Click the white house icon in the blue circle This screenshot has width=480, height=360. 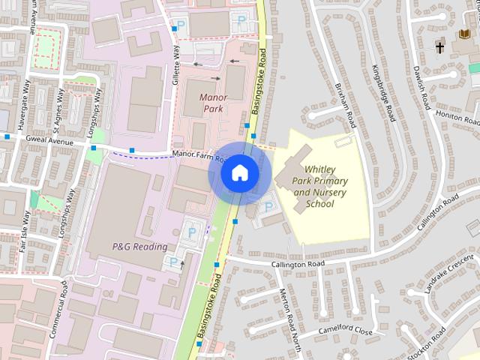click(x=239, y=173)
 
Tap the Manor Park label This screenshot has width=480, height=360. click(x=214, y=103)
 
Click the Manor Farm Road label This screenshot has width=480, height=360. click(x=199, y=156)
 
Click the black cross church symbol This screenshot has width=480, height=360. click(x=439, y=47)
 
